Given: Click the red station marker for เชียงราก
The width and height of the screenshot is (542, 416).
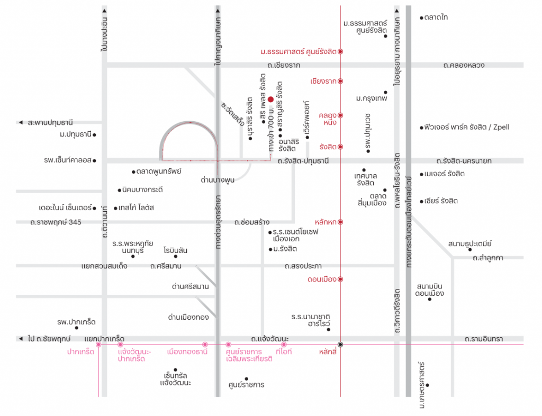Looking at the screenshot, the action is pos(340,81).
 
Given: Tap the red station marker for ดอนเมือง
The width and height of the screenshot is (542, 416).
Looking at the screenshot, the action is pos(340,279).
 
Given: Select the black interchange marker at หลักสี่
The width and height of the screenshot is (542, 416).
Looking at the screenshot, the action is pos(340,345).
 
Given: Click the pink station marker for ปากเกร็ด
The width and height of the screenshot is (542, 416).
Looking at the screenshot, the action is pos(98,345).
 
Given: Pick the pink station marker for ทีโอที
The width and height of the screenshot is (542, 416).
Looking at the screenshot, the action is pos(284,345).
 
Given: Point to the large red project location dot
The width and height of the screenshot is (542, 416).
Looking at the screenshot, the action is pos(270,100).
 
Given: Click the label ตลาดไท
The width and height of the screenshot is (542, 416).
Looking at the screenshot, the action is pos(436,17).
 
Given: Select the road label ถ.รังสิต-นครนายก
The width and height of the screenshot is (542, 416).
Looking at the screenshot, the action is pos(464,161).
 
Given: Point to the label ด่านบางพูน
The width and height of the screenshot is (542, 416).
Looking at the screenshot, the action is pos(218,180).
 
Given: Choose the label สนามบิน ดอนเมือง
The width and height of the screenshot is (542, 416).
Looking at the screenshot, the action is pos(430,290).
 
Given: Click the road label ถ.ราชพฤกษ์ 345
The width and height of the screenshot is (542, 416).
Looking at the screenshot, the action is pos(56,222).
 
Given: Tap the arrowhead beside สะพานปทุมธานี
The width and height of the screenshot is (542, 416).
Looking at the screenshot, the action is pos(21,122).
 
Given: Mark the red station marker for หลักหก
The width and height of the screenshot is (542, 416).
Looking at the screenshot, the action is pos(340,222).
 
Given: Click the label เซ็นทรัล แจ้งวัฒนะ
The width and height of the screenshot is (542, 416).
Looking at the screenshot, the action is pos(175,379).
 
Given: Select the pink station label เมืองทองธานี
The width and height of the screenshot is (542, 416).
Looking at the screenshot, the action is pos(187,352).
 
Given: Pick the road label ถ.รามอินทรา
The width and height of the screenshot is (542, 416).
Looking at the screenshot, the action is pos(484,339).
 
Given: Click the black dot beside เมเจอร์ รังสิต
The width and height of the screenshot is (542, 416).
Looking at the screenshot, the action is pos(421,175).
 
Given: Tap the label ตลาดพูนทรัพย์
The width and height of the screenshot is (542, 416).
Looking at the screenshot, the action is pos(159,171).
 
